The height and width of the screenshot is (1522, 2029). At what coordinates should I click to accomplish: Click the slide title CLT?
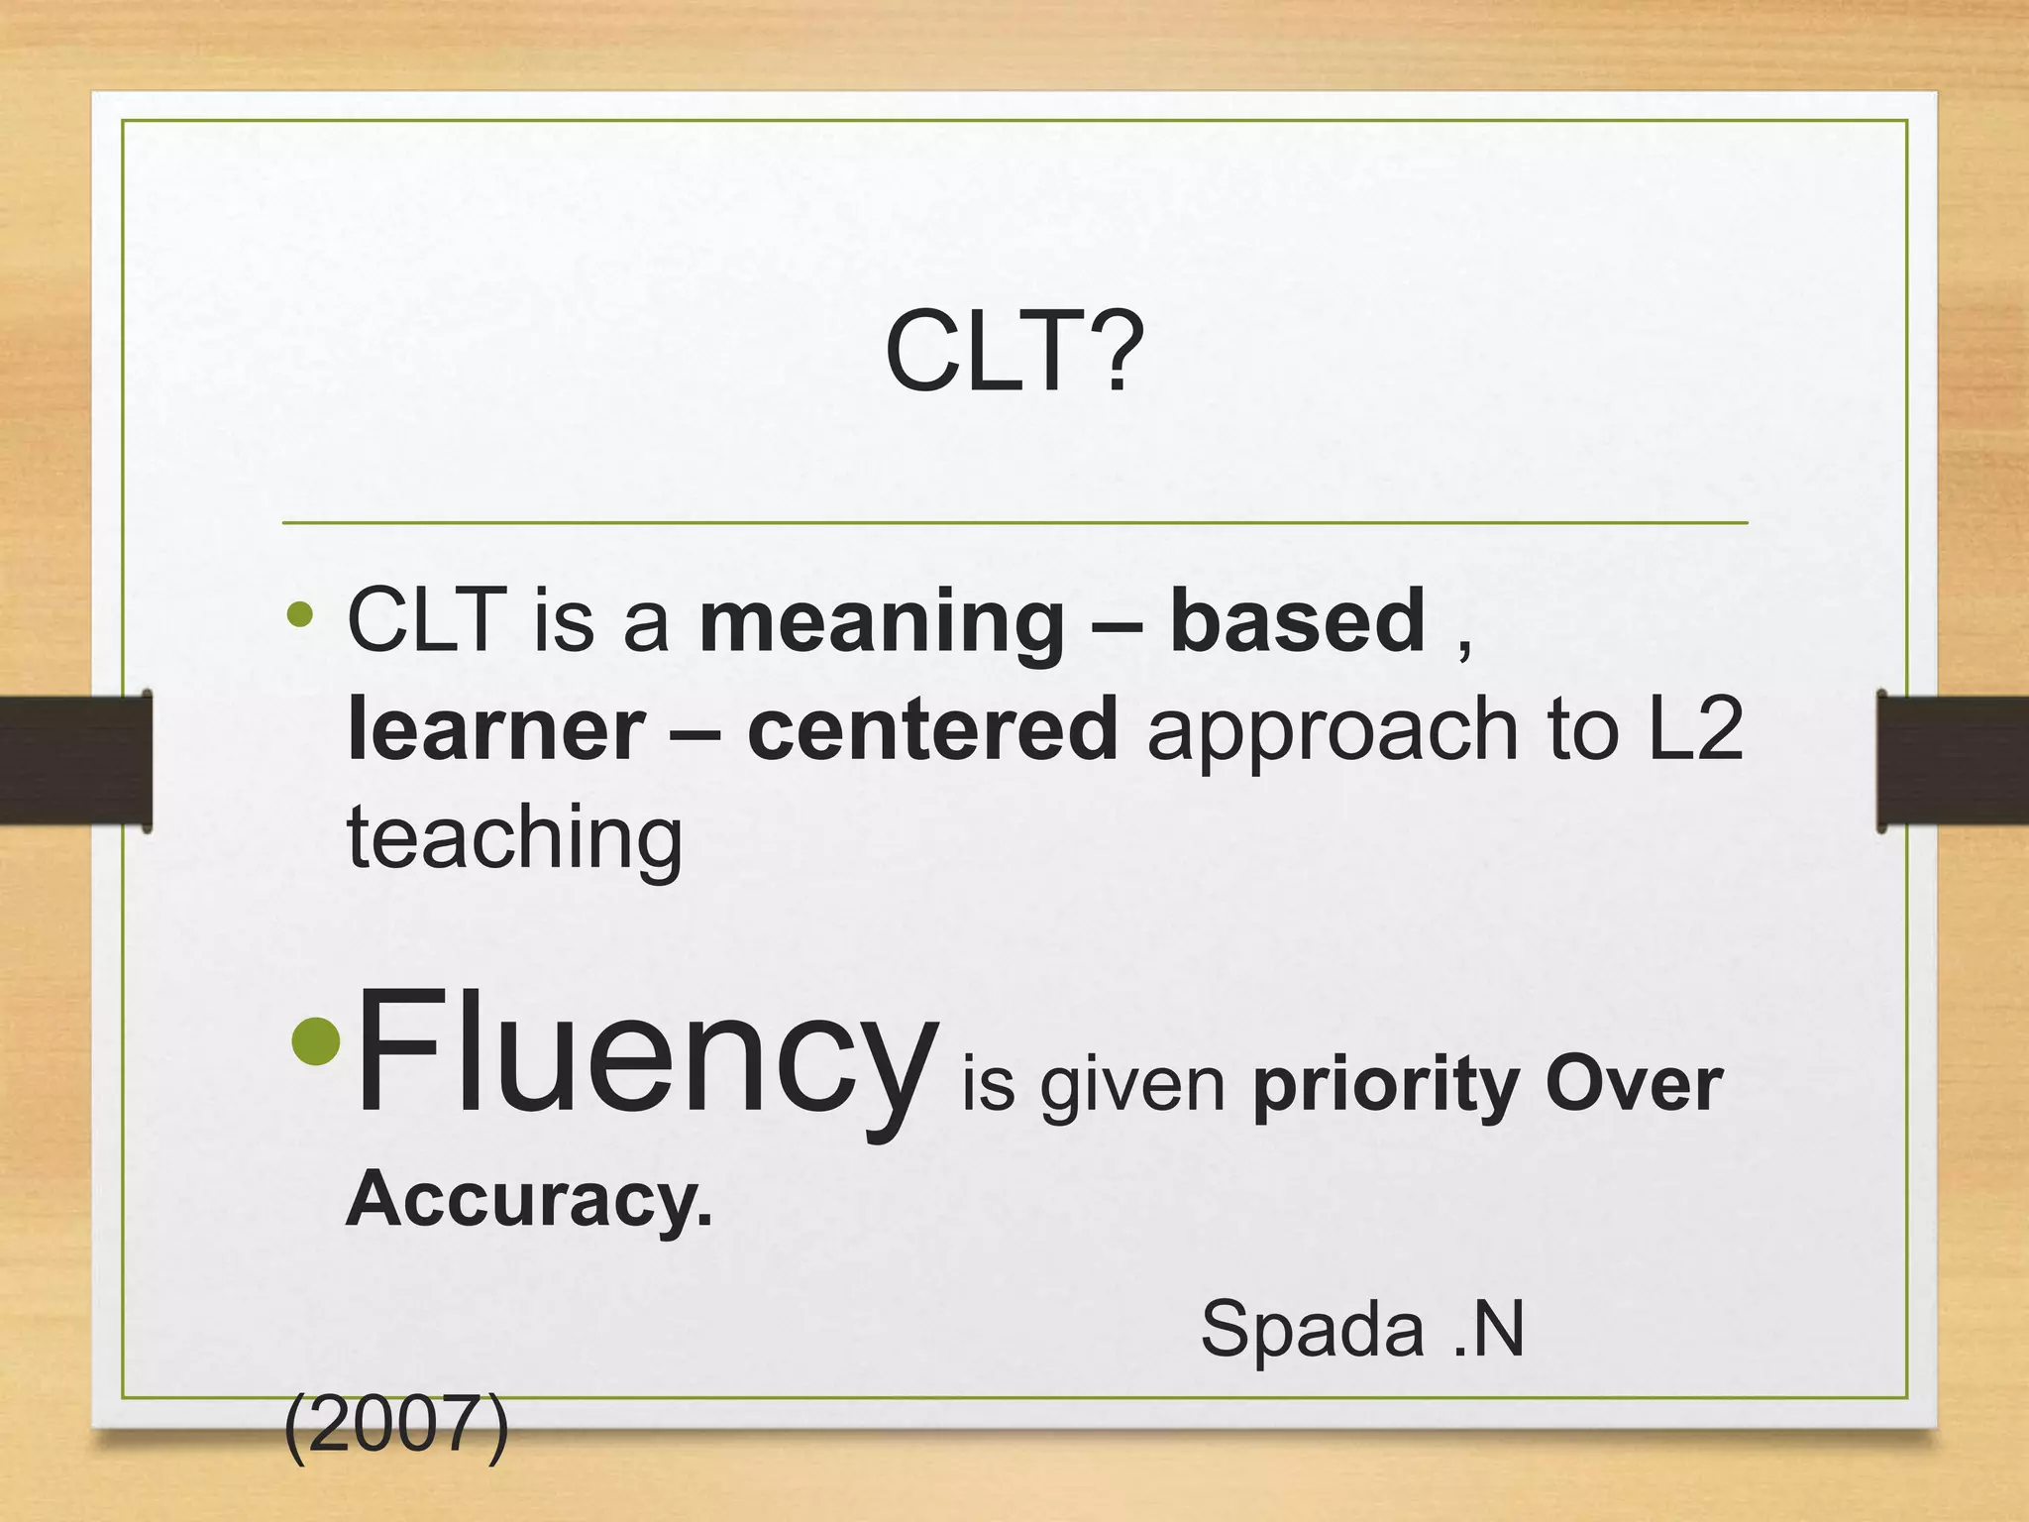pos(1014,352)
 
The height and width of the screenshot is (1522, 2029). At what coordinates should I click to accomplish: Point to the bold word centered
pos(932,730)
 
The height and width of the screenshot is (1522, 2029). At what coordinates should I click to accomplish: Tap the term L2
pos(1695,730)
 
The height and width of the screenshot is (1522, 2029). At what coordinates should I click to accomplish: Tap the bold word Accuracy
pos(529,1199)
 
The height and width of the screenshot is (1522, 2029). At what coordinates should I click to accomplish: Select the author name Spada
pos(1312,1330)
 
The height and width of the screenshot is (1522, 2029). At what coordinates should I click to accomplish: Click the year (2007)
pos(396,1427)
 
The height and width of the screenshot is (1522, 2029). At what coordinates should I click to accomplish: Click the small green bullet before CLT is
pos(299,616)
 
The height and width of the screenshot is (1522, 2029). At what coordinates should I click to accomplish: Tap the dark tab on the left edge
pos(75,760)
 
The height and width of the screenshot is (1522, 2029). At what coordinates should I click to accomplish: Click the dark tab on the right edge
pos(1953,760)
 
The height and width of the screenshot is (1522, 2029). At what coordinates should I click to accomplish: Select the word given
pos(1133,1087)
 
